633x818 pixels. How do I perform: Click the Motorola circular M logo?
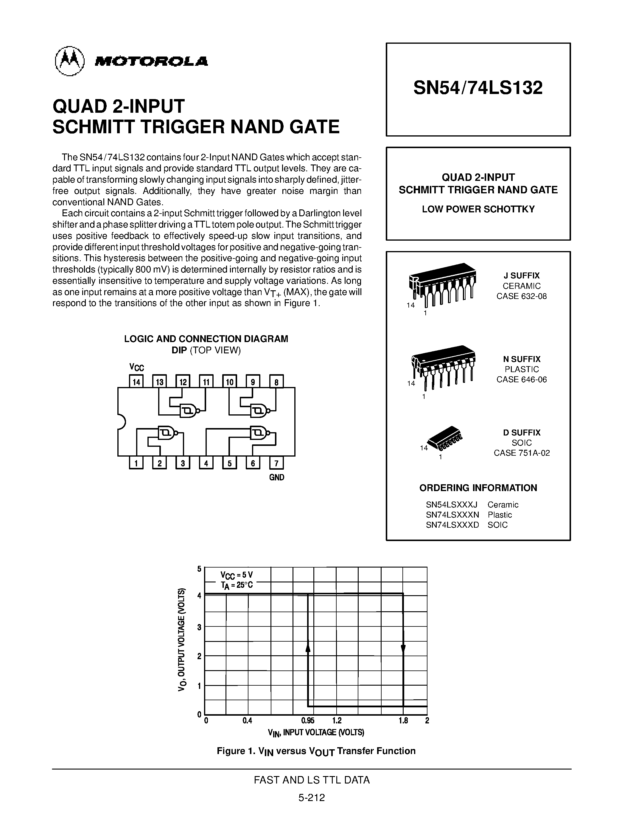(70, 62)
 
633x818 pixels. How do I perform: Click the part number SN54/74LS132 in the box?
(478, 88)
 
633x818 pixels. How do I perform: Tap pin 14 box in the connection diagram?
(136, 382)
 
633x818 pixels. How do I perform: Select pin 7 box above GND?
(276, 463)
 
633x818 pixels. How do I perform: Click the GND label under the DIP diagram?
(276, 477)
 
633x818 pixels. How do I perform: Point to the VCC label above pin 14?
(136, 367)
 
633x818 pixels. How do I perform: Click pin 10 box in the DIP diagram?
(229, 382)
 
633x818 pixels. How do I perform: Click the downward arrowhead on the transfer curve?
(403, 648)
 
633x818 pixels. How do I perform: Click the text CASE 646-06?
(521, 380)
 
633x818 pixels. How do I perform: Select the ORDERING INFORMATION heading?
(478, 488)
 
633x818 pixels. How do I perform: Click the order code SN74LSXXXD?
(452, 525)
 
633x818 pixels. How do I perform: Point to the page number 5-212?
(311, 798)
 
